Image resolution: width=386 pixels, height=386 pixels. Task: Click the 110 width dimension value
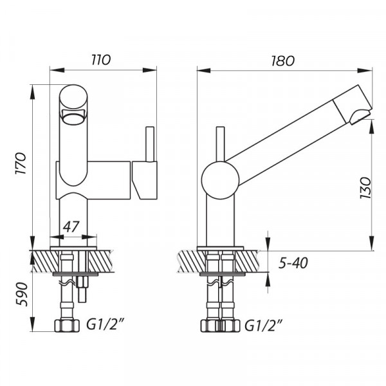click(100, 60)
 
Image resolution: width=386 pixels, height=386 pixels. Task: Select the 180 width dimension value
click(282, 60)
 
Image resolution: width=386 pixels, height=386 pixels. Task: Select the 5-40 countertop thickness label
click(294, 264)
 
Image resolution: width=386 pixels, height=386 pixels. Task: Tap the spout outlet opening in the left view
click(72, 117)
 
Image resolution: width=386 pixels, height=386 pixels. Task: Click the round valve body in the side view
click(220, 179)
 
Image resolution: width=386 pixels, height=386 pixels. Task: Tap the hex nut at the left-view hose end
click(64, 326)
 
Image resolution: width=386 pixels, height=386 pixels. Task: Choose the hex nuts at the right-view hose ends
click(220, 326)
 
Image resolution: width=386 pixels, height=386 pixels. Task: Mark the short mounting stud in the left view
click(83, 293)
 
